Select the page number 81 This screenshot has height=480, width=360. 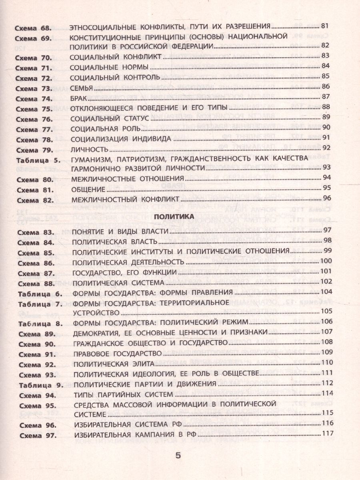click(325, 27)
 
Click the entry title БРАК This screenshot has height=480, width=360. click(79, 97)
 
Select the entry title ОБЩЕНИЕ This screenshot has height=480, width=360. click(88, 188)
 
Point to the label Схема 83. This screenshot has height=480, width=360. click(34, 232)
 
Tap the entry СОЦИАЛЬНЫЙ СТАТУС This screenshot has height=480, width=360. click(109, 118)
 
